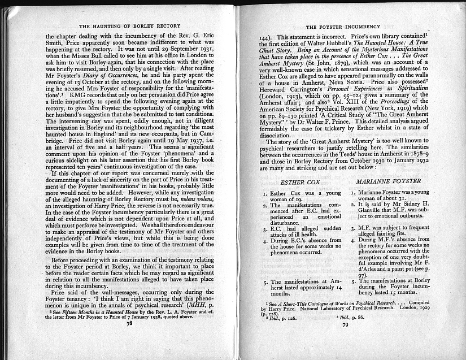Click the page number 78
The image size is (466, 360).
click(x=129, y=340)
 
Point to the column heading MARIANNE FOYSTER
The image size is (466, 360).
click(x=389, y=181)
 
